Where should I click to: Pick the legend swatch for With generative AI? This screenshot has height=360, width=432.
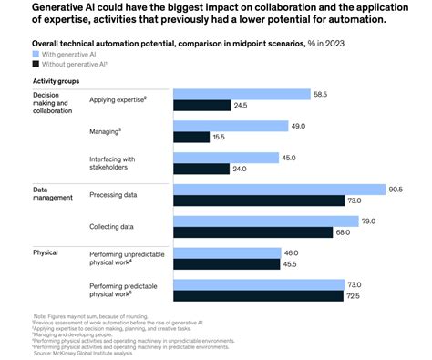[x=36, y=55]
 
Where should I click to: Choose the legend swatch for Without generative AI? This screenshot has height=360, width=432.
[x=36, y=65]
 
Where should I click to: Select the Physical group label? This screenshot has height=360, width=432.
[x=46, y=252]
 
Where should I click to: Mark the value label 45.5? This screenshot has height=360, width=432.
[x=290, y=265]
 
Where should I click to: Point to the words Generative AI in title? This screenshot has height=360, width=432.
[x=64, y=8]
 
